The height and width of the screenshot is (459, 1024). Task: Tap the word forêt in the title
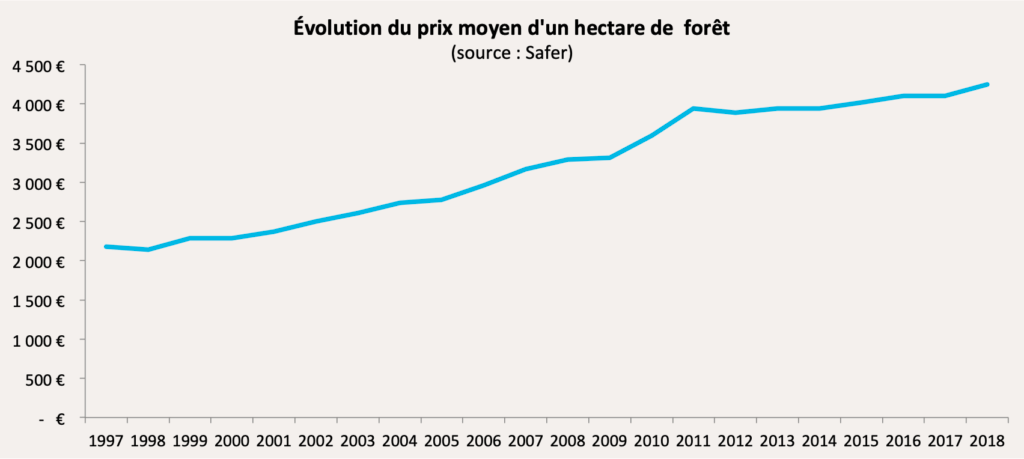pyautogui.click(x=706, y=29)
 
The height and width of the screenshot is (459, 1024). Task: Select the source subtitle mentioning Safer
pyautogui.click(x=511, y=52)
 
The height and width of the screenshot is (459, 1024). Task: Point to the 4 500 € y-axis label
pyautogui.click(x=40, y=66)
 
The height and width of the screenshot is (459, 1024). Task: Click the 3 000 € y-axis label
pyautogui.click(x=40, y=184)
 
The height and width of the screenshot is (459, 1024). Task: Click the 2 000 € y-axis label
pyautogui.click(x=40, y=262)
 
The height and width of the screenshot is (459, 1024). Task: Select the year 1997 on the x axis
pyautogui.click(x=107, y=440)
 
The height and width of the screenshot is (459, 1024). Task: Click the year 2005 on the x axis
pyautogui.click(x=442, y=440)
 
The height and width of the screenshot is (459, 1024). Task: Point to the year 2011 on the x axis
pyautogui.click(x=694, y=440)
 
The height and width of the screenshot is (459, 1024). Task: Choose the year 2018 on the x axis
pyautogui.click(x=988, y=440)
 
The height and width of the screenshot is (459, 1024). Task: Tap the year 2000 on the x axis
pyautogui.click(x=232, y=440)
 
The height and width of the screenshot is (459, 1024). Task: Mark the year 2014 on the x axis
pyautogui.click(x=820, y=440)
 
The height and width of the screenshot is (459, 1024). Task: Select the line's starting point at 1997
pyautogui.click(x=106, y=246)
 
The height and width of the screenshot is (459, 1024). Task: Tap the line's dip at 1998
pyautogui.click(x=148, y=249)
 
